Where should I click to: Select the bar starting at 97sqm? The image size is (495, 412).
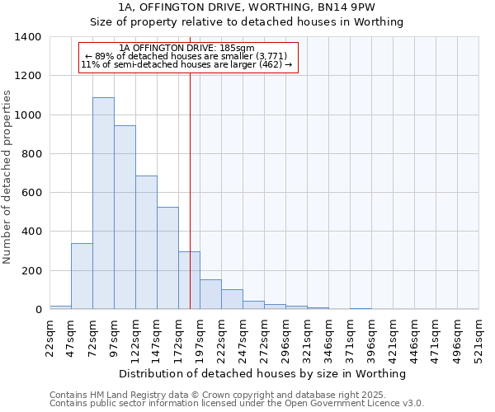125,218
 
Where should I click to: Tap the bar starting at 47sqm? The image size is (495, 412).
82,276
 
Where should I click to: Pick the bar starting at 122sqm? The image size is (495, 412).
146,242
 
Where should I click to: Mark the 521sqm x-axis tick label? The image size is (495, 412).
480,338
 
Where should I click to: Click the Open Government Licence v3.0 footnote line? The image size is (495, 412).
237,404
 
